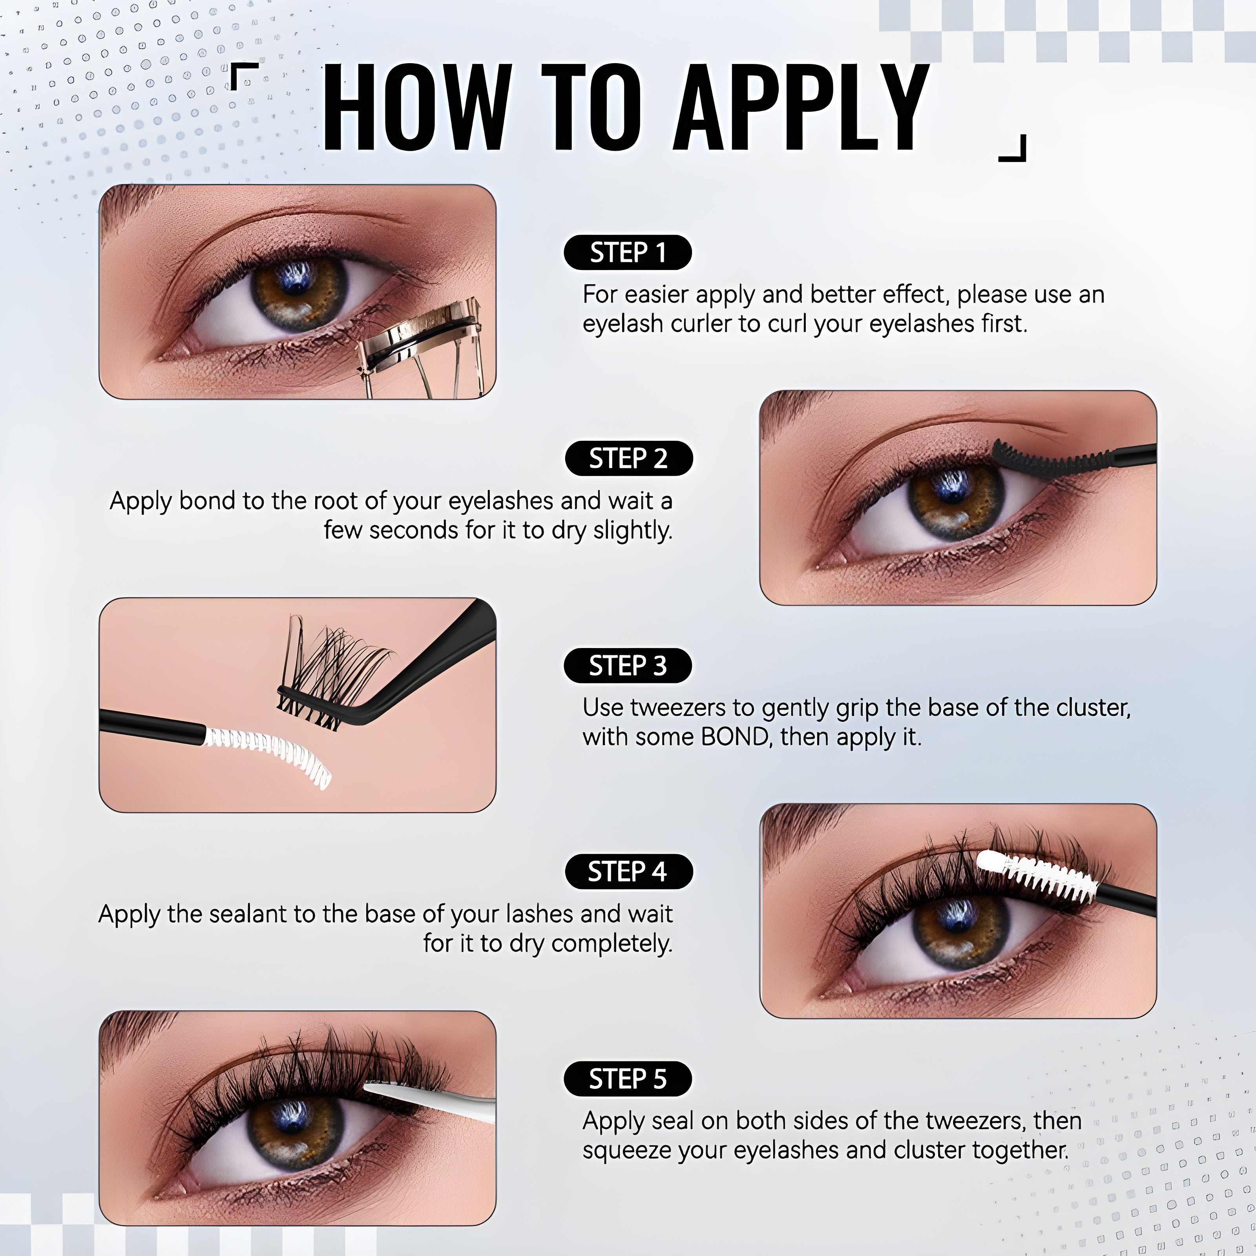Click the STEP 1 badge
pos(627,252)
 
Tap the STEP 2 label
pos(629,458)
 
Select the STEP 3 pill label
pos(627,666)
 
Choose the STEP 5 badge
pos(627,1079)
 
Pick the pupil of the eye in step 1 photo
pos(299,279)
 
